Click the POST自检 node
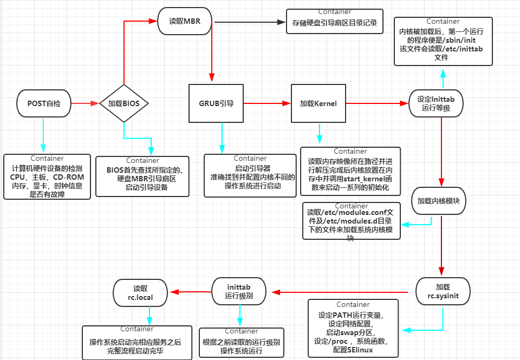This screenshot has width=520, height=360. click(43, 103)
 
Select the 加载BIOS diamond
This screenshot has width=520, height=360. click(124, 103)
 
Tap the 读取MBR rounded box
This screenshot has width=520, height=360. click(184, 22)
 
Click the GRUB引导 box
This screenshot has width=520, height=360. click(216, 103)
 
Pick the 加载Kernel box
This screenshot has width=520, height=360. click(318, 103)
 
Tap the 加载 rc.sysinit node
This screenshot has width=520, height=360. click(443, 292)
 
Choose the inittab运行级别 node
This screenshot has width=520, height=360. click(238, 292)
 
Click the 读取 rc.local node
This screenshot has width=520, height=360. click(140, 292)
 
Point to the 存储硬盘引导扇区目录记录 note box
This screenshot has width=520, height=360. click(334, 22)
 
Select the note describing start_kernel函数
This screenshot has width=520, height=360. click(350, 171)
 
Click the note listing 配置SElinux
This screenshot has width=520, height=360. click(353, 328)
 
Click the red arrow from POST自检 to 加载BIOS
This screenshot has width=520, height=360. click(85, 103)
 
